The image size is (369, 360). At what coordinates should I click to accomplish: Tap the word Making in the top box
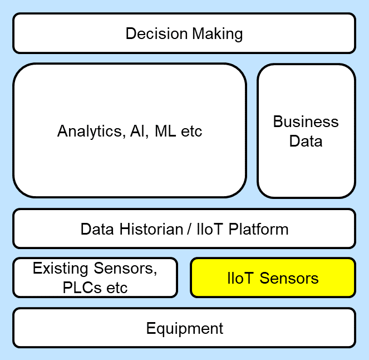pyautogui.click(x=218, y=34)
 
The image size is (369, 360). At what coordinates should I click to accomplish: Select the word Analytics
pyautogui.click(x=88, y=132)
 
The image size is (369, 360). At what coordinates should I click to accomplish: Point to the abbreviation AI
pyautogui.click(x=136, y=132)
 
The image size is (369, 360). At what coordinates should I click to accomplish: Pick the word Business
pyautogui.click(x=306, y=122)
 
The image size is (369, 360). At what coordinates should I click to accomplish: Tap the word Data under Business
pyautogui.click(x=306, y=141)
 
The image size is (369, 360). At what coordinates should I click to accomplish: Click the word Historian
pyautogui.click(x=147, y=229)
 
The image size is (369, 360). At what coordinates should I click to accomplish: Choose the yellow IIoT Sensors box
pyautogui.click(x=273, y=278)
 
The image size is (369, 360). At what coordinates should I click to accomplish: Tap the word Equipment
pyautogui.click(x=184, y=328)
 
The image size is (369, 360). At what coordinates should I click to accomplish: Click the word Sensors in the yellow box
pyautogui.click(x=290, y=278)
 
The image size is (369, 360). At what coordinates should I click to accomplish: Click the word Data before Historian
pyautogui.click(x=97, y=229)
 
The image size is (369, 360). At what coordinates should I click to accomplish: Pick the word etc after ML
pyautogui.click(x=192, y=132)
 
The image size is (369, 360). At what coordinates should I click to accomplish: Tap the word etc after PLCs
pyautogui.click(x=117, y=288)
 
